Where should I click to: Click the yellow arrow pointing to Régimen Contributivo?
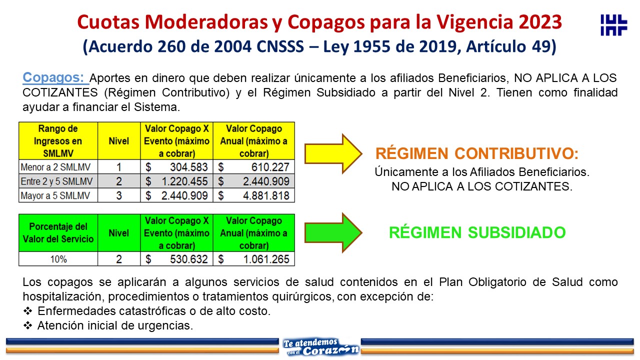click(x=333, y=153)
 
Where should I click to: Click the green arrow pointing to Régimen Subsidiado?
click(x=333, y=233)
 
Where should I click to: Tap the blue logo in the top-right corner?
click(x=613, y=25)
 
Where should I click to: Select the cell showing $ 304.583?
click(x=176, y=167)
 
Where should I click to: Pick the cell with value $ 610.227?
click(x=253, y=167)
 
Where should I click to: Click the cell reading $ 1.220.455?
click(x=176, y=181)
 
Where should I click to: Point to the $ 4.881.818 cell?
click(x=253, y=195)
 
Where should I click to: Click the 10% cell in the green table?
click(x=58, y=259)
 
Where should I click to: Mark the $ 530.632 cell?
click(x=176, y=259)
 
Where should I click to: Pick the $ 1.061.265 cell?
click(x=253, y=259)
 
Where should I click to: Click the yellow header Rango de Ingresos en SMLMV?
click(x=58, y=141)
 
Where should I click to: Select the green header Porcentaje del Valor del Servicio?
click(x=58, y=233)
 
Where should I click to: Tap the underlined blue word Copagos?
click(x=55, y=77)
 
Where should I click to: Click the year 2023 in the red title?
click(x=540, y=22)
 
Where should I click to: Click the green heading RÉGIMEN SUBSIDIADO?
click(x=477, y=232)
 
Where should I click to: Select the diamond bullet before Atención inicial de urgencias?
click(x=27, y=325)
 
